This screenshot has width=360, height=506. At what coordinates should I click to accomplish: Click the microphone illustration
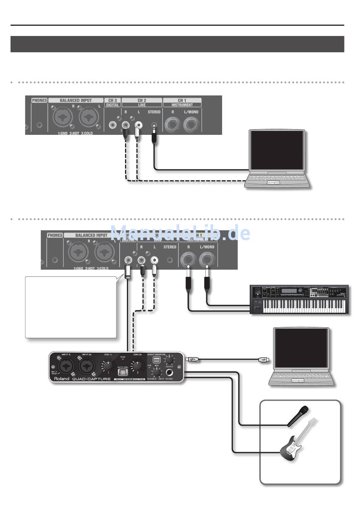click(x=298, y=416)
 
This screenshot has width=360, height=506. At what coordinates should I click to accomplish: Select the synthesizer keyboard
click(x=299, y=300)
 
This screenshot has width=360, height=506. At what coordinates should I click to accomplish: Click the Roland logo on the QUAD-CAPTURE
click(x=61, y=378)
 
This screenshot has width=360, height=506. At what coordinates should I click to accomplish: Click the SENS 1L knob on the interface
click(x=108, y=366)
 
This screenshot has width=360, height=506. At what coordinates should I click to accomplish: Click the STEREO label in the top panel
click(x=154, y=112)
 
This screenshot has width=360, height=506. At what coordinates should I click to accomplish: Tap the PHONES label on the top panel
click(x=39, y=100)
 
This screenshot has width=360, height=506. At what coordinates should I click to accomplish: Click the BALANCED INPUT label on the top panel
click(x=75, y=100)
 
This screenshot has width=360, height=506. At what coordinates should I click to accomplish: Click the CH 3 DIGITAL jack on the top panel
click(x=113, y=124)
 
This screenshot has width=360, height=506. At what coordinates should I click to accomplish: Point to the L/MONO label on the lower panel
click(x=207, y=247)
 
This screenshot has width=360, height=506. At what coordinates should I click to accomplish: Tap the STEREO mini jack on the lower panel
click(x=170, y=260)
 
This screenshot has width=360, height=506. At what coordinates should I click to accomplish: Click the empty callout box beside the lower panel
click(x=70, y=307)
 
